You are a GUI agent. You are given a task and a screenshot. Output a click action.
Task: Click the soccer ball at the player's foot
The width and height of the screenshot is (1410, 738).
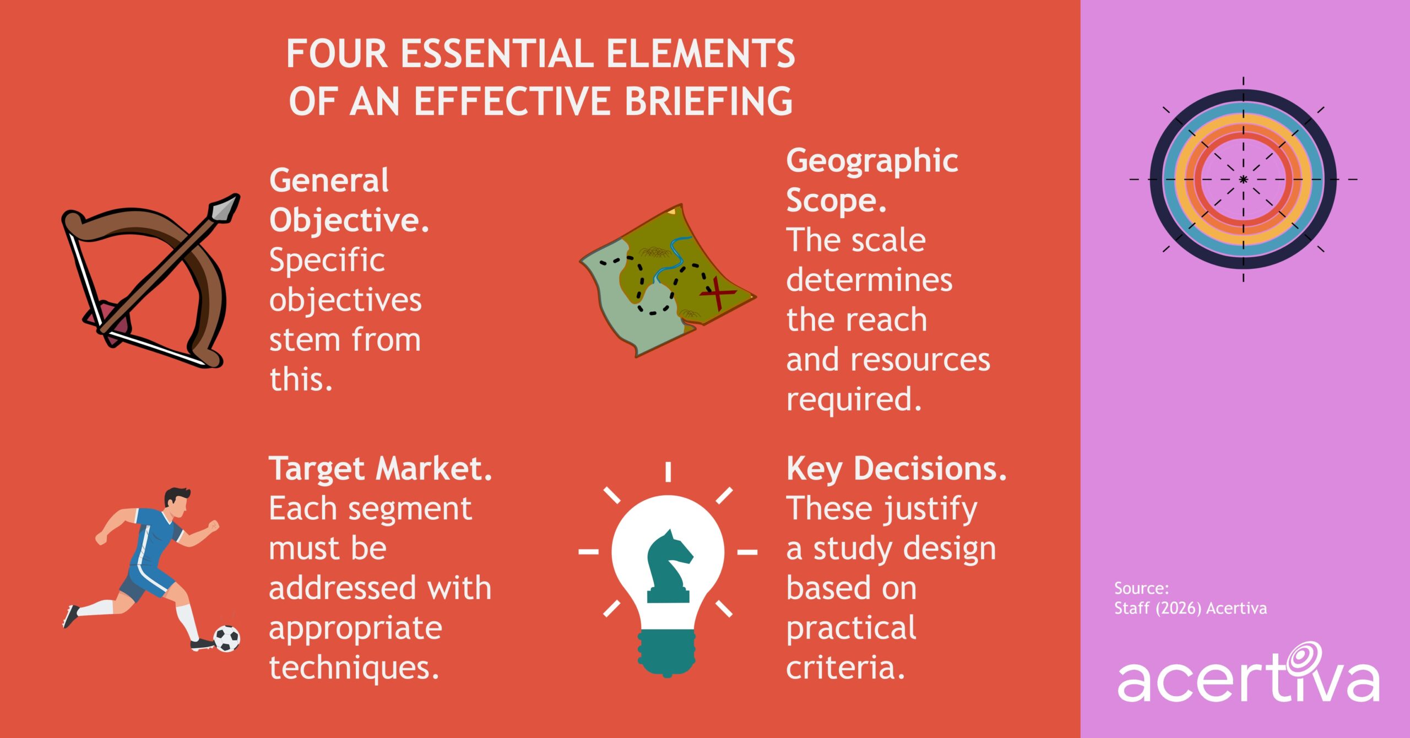pos(226,638)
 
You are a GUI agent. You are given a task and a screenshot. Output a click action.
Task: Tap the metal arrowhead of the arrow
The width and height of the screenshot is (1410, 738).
pos(224,208)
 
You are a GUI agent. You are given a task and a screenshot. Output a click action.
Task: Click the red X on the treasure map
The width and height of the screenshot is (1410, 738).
pos(718,293)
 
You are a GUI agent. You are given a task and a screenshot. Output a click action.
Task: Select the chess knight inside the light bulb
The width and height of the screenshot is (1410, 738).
pos(669,567)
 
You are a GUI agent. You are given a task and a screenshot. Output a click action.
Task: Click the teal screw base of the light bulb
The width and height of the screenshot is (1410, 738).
pos(667,653)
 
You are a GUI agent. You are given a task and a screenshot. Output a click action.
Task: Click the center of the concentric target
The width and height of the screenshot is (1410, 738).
pos(1243,180)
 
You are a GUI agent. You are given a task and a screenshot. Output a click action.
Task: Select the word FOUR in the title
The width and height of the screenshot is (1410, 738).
pos(337,54)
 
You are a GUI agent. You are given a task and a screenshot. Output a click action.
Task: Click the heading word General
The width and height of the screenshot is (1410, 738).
pos(329,181)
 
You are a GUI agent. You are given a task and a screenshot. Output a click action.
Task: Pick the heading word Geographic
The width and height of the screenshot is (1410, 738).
pos(872,161)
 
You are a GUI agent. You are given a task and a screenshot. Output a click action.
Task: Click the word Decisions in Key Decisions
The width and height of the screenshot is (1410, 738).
pos(930,469)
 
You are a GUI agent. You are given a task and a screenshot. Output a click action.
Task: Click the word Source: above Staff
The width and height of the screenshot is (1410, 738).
pos(1141,588)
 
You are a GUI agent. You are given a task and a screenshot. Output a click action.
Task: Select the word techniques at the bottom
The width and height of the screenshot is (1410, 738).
pos(354,668)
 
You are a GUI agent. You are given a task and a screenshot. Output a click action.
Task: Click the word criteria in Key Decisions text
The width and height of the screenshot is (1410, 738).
pos(845,668)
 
